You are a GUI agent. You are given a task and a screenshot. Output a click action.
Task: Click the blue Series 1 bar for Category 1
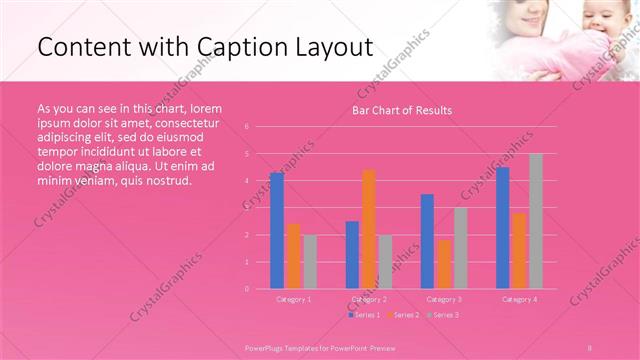277,231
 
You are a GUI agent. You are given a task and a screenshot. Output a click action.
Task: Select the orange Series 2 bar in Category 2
369,229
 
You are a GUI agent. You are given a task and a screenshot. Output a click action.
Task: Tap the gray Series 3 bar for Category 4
536,221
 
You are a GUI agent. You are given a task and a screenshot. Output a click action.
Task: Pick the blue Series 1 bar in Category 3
427,241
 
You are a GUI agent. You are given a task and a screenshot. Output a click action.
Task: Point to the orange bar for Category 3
444,264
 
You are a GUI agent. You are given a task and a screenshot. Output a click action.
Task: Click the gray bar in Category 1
310,262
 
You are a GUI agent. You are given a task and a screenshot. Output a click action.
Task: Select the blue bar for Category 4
503,228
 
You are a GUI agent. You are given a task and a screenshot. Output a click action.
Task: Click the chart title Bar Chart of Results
402,110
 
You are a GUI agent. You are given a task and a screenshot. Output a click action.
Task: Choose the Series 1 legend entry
363,315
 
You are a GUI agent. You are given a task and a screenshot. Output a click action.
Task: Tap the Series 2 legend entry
403,315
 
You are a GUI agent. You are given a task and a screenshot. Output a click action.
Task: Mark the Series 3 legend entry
442,315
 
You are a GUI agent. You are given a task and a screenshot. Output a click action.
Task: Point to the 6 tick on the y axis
246,127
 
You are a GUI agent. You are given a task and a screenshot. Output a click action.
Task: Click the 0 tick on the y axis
246,289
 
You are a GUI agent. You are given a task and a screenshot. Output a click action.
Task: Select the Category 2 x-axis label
369,299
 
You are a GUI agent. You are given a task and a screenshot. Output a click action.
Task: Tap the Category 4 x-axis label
519,299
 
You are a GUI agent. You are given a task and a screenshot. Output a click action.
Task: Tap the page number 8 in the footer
590,346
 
